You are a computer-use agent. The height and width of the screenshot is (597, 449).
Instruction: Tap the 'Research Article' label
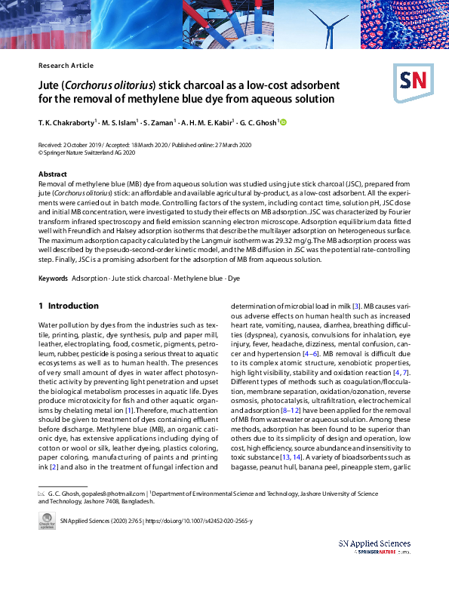(x=66, y=66)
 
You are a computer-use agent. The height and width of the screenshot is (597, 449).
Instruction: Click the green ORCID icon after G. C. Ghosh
(x=284, y=122)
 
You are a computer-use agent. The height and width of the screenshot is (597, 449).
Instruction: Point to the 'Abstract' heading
(x=53, y=174)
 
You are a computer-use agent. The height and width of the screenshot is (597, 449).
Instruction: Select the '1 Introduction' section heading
(x=68, y=306)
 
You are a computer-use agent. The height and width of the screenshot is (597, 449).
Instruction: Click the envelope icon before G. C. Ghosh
(x=42, y=492)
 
